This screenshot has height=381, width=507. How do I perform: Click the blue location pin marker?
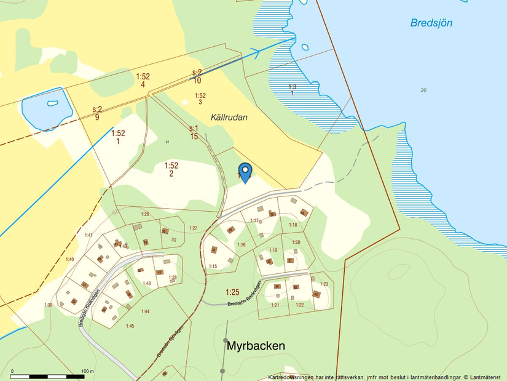pyautogui.click(x=245, y=172)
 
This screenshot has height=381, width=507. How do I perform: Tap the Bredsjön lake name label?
pyautogui.click(x=431, y=23)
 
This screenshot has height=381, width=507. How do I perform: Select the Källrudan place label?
pyautogui.click(x=229, y=117)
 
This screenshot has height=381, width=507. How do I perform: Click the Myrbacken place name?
pyautogui.click(x=256, y=346)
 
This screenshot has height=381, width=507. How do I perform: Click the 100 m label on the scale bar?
pyautogui.click(x=87, y=371)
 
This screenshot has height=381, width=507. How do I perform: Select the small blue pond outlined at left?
pyautogui.click(x=47, y=108)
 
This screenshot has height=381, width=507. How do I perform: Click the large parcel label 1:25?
pyautogui.click(x=232, y=292)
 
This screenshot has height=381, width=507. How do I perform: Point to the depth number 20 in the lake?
pyautogui.click(x=423, y=90)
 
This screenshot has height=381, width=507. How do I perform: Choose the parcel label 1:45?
pyautogui.click(x=130, y=326)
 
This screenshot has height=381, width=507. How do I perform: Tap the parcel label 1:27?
pyautogui.click(x=193, y=228)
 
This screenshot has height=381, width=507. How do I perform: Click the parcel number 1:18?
pyautogui.click(x=293, y=225)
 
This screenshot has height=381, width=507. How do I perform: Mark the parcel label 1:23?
pyautogui.click(x=324, y=284)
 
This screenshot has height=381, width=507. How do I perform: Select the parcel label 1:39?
pyautogui.click(x=48, y=305)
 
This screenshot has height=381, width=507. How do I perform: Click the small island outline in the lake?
pyautogui.click(x=304, y=47)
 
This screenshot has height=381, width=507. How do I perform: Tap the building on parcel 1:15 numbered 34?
pyautogui.click(x=214, y=250)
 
